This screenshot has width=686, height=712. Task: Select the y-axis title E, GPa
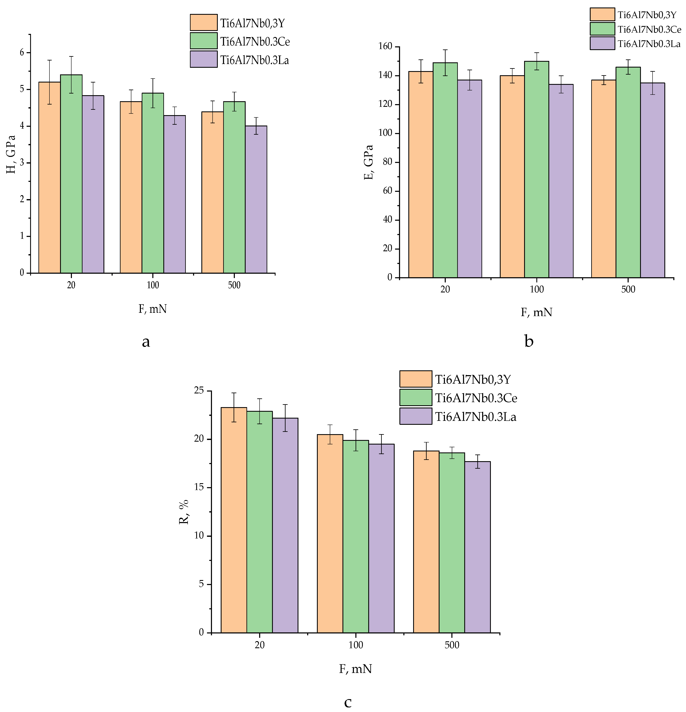point(369,162)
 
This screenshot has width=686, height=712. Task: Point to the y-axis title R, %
point(184,512)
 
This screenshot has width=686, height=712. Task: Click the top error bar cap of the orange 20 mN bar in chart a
point(49,60)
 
